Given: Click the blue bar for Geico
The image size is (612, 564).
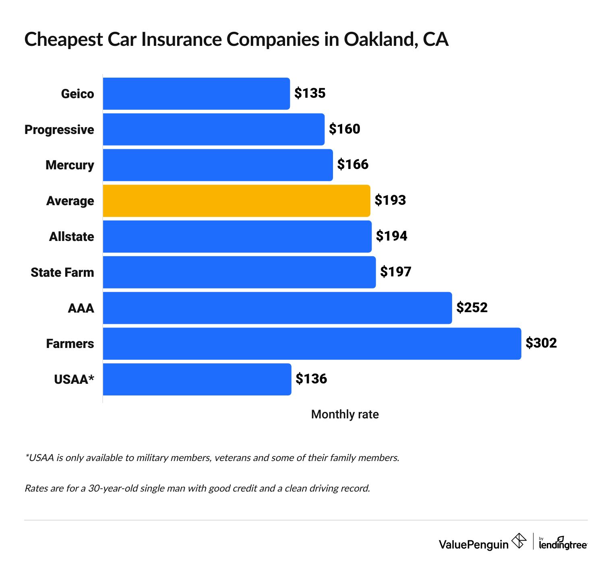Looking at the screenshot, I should click(196, 94).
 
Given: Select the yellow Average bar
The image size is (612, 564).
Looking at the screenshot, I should click(236, 201).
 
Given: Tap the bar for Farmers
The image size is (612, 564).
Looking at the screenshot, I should click(312, 344).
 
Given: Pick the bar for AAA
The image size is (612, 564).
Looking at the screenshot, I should click(277, 308).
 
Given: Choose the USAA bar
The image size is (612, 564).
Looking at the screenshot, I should click(197, 379).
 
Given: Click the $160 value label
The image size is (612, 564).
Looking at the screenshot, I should click(344, 129).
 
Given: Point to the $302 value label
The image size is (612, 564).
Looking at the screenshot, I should click(541, 343).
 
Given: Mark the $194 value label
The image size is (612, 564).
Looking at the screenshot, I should click(391, 236).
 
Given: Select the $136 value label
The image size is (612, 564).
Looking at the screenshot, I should click(311, 379).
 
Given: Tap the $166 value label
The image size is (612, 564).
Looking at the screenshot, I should click(353, 165).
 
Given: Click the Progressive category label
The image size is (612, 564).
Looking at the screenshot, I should click(59, 130).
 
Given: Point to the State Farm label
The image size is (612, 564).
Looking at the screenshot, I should click(62, 272).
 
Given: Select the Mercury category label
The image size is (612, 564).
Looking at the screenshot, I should click(70, 165).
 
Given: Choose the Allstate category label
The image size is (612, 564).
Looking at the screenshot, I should click(71, 237).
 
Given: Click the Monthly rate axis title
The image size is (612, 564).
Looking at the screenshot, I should click(345, 414).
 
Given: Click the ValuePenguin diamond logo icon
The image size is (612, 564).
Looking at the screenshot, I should click(519, 541).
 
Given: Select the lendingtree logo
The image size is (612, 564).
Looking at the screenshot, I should click(563, 543).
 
